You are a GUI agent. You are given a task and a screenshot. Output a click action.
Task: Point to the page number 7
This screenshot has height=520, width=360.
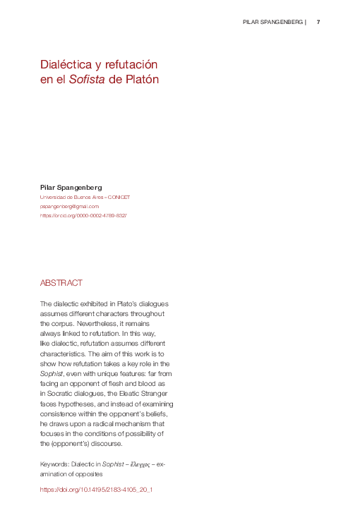pyautogui.click(x=318, y=22)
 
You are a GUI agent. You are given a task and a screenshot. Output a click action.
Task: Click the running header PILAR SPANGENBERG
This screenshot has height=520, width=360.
pyautogui.click(x=272, y=22)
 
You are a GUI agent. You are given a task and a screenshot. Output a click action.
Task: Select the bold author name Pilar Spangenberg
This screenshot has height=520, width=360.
pyautogui.click(x=71, y=187)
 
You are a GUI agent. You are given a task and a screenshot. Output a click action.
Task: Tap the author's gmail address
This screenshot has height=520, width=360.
pyautogui.click(x=69, y=206)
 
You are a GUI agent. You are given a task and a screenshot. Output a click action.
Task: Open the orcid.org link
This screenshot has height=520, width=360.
pyautogui.click(x=83, y=215)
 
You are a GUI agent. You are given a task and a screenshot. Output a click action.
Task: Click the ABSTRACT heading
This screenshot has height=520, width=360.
pyautogui.click(x=61, y=282)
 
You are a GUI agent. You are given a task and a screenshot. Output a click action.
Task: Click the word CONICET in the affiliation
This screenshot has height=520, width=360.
pyautogui.click(x=118, y=197)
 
